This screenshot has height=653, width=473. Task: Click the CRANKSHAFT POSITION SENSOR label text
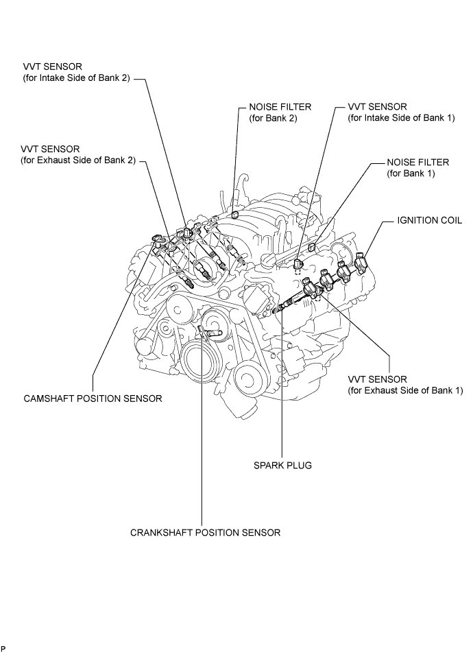click(x=205, y=532)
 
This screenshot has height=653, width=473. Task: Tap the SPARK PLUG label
click(x=282, y=465)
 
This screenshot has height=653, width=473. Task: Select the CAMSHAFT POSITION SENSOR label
click(x=93, y=399)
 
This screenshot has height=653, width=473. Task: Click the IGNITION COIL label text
click(x=430, y=220)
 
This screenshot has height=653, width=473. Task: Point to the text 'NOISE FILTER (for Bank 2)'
click(x=280, y=112)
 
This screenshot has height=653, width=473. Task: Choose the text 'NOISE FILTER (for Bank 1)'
click(x=418, y=168)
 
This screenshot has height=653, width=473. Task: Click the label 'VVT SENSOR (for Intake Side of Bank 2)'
click(x=77, y=72)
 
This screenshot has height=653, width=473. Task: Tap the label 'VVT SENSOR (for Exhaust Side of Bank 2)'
click(x=78, y=154)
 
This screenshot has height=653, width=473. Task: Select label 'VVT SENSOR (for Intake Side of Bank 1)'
click(x=402, y=112)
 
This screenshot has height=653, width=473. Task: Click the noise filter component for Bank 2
click(x=234, y=215)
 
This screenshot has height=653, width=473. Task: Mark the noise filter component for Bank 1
click(x=311, y=248)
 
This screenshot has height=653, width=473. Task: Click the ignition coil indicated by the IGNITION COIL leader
click(x=361, y=259)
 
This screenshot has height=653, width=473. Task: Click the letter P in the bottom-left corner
click(x=3, y=648)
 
